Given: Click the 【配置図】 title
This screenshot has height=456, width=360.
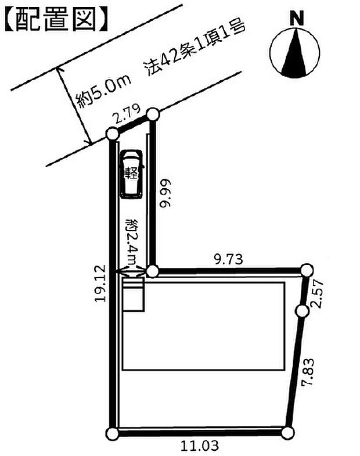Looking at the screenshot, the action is (x=56, y=20).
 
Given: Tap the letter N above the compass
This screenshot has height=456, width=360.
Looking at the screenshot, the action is (x=297, y=18).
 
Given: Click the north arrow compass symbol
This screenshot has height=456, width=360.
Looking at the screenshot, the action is (x=294, y=53).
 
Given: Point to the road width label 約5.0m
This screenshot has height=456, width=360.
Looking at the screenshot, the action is (x=103, y=91).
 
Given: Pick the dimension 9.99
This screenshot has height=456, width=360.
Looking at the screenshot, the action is (x=165, y=193).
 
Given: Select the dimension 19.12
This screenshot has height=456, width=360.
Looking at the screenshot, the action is (x=100, y=283).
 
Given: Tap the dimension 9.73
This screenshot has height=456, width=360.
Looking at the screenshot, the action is (x=229, y=259).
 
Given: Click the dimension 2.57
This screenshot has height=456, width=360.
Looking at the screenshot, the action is (x=316, y=293).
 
